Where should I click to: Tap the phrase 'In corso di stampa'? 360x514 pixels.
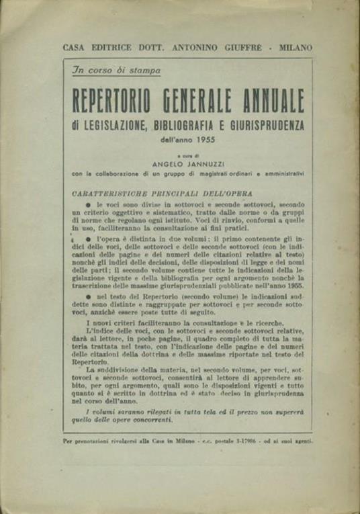click(x=118, y=71)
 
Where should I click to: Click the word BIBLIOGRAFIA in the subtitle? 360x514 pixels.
click(x=190, y=126)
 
